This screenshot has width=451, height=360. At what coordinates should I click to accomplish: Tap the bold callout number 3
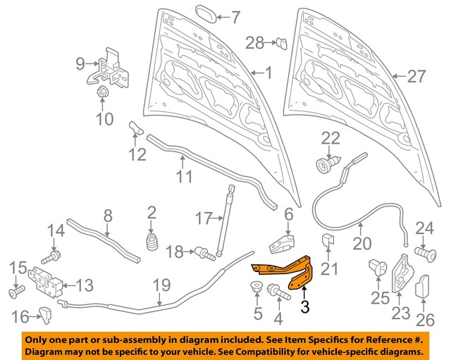pos(304,306)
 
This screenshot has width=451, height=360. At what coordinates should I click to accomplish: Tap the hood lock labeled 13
pos(46,283)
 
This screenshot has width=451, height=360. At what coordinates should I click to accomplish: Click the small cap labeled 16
pos(45,315)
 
